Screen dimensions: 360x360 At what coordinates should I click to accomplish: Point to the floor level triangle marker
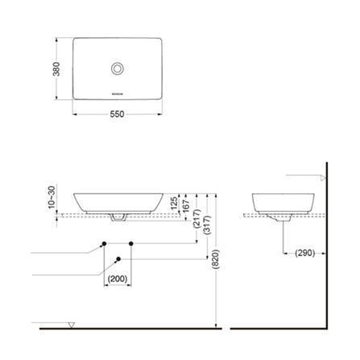tap(72, 325)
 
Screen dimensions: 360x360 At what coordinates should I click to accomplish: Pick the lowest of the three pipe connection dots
tap(119, 259)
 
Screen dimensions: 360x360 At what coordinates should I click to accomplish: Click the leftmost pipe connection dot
tap(104, 242)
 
